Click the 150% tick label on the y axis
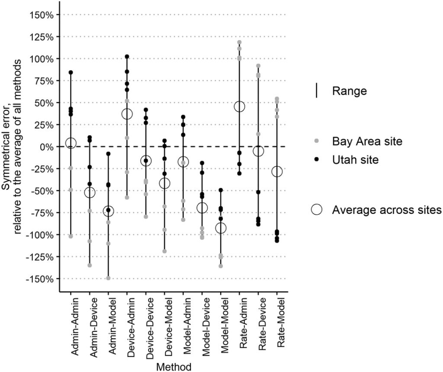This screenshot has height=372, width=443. point(42,15)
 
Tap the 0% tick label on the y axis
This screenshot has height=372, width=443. point(46,147)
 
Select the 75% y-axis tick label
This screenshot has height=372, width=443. point(44,81)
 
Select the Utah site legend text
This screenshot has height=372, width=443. point(356,160)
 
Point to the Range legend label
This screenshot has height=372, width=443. point(350,91)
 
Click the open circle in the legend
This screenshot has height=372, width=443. point(317,210)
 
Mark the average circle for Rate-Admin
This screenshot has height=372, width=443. point(239,107)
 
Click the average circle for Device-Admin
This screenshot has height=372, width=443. point(127,114)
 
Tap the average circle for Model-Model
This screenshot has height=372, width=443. point(221,228)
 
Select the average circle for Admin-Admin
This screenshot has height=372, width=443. point(71,143)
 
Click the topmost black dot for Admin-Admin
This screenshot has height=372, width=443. point(71,72)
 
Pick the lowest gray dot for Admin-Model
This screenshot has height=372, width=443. point(108,278)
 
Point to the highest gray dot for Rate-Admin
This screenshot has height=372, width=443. point(239,42)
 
